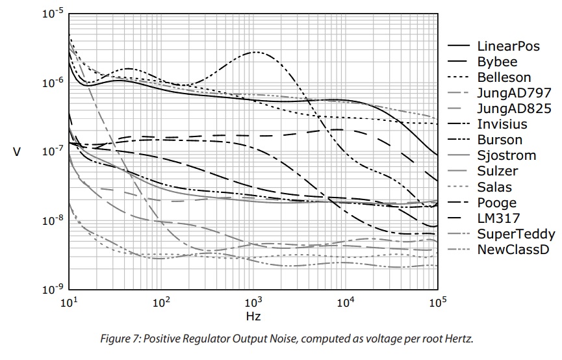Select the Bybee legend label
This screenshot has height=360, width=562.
497,62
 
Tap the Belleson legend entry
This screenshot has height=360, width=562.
504,78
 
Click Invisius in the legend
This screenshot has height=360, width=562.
502,124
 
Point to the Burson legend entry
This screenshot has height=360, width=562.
500,140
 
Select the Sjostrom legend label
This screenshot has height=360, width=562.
506,155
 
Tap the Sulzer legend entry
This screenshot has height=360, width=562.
498,172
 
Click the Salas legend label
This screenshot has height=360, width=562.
494,187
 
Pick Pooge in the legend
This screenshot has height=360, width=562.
496,203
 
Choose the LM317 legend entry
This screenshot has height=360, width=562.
498,218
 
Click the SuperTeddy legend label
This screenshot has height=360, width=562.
516,234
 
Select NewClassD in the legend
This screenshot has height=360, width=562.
513,250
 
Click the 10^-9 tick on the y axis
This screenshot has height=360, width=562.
52,289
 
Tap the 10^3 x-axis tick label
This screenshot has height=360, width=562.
253,302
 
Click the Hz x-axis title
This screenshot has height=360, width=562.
253,316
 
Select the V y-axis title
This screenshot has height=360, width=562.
17,152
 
